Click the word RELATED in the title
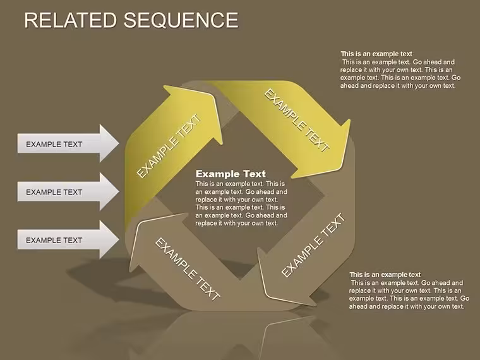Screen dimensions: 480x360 click(x=70, y=20)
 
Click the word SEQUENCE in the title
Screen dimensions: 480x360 click(x=181, y=20)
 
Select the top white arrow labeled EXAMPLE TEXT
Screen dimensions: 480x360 click(x=68, y=143)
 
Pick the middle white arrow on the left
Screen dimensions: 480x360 click(x=68, y=191)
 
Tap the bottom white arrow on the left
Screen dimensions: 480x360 click(x=68, y=240)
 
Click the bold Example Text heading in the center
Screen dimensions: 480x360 click(x=231, y=174)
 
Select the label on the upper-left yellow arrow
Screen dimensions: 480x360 click(x=169, y=146)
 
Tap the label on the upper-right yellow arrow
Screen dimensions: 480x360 click(x=297, y=120)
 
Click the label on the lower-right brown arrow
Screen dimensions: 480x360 click(x=313, y=245)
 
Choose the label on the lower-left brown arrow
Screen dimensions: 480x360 click(x=188, y=269)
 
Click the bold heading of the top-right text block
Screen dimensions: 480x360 click(x=376, y=54)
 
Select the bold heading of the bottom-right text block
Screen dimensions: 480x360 click(x=385, y=275)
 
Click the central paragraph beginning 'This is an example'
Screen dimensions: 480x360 click(x=241, y=203)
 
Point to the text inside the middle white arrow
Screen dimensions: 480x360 click(x=54, y=192)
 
